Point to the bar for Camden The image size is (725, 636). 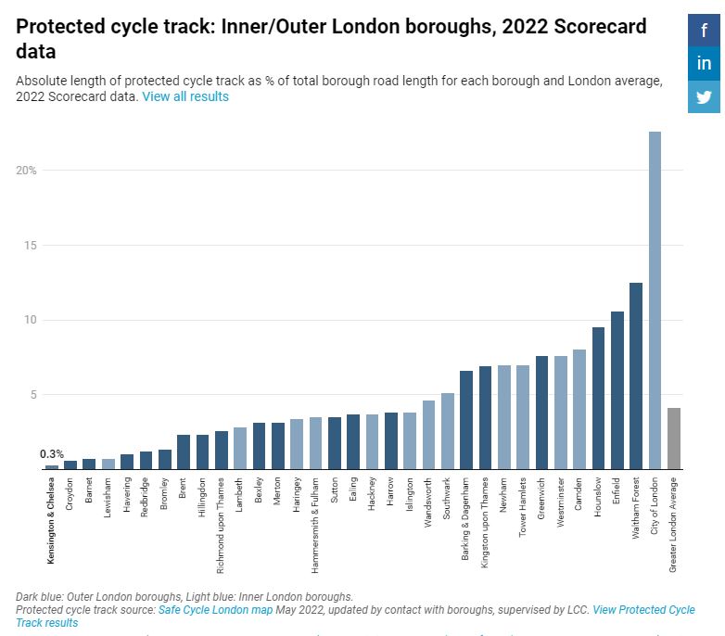click(579, 409)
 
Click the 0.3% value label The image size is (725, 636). click(52, 454)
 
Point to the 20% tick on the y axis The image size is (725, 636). click(26, 171)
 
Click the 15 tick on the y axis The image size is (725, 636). click(31, 246)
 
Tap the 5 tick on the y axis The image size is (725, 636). click(33, 395)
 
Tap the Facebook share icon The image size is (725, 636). click(704, 31)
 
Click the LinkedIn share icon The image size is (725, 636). click(704, 64)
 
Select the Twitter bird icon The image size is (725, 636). click(704, 97)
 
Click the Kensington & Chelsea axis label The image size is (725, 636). click(52, 519)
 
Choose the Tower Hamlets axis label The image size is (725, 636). click(523, 508)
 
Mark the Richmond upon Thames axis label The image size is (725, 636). click(222, 515)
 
